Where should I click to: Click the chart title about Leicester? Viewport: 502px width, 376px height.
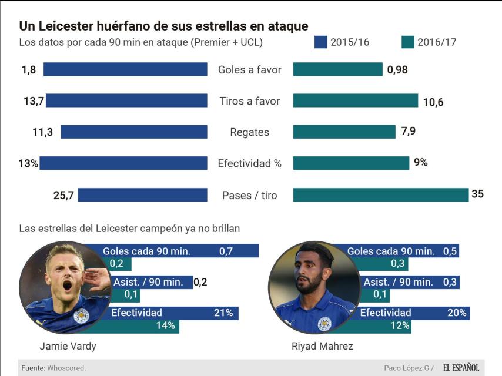(163, 26)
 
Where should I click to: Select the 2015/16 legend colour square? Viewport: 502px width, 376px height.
(320, 42)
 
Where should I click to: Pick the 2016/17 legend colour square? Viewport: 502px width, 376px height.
(407, 42)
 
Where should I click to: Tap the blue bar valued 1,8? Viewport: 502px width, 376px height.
(125, 70)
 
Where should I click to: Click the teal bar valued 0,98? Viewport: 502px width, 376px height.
(337, 70)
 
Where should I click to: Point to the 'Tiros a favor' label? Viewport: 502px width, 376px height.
(250, 101)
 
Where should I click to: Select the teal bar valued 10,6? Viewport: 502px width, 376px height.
(355, 101)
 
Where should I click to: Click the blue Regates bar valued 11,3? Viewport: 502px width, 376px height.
(134, 132)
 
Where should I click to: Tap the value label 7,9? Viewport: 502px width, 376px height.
(409, 131)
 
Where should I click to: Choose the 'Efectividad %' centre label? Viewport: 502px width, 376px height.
(250, 163)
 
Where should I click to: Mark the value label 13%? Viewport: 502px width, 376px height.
(28, 164)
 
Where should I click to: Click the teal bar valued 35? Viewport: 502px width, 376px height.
(381, 195)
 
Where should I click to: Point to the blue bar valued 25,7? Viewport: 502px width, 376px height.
(143, 195)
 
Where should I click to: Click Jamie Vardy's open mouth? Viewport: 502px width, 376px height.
(67, 286)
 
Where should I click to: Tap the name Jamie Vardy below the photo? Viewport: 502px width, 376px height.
(68, 346)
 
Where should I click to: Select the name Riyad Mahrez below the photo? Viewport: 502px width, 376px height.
(322, 346)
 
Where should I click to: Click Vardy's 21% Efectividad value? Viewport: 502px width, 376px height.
(223, 313)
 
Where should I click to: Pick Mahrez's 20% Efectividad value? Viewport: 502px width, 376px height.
(457, 313)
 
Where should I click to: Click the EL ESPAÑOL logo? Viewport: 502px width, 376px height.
(461, 368)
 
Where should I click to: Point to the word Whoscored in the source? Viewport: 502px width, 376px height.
(67, 368)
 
